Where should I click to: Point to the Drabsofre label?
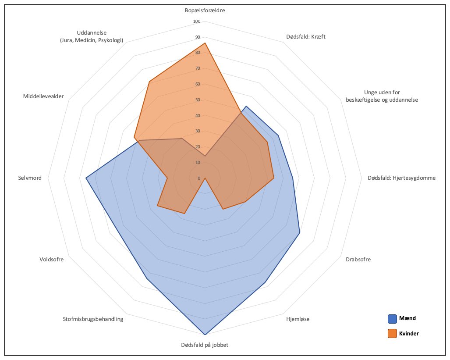(358, 260)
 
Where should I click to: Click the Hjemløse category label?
(298, 319)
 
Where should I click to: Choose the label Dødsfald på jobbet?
(205, 345)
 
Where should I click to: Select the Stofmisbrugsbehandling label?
(93, 319)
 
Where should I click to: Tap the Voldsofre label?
(51, 260)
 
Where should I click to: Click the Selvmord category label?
(30, 178)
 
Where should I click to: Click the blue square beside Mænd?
(392, 319)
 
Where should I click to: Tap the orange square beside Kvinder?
(392, 334)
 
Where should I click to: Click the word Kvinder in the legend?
(409, 334)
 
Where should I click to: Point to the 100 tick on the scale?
(196, 21)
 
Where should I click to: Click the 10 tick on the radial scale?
(197, 163)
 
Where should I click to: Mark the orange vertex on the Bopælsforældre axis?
(205, 43)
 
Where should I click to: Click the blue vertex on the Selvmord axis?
(86, 178)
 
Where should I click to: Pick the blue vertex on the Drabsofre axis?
(300, 233)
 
